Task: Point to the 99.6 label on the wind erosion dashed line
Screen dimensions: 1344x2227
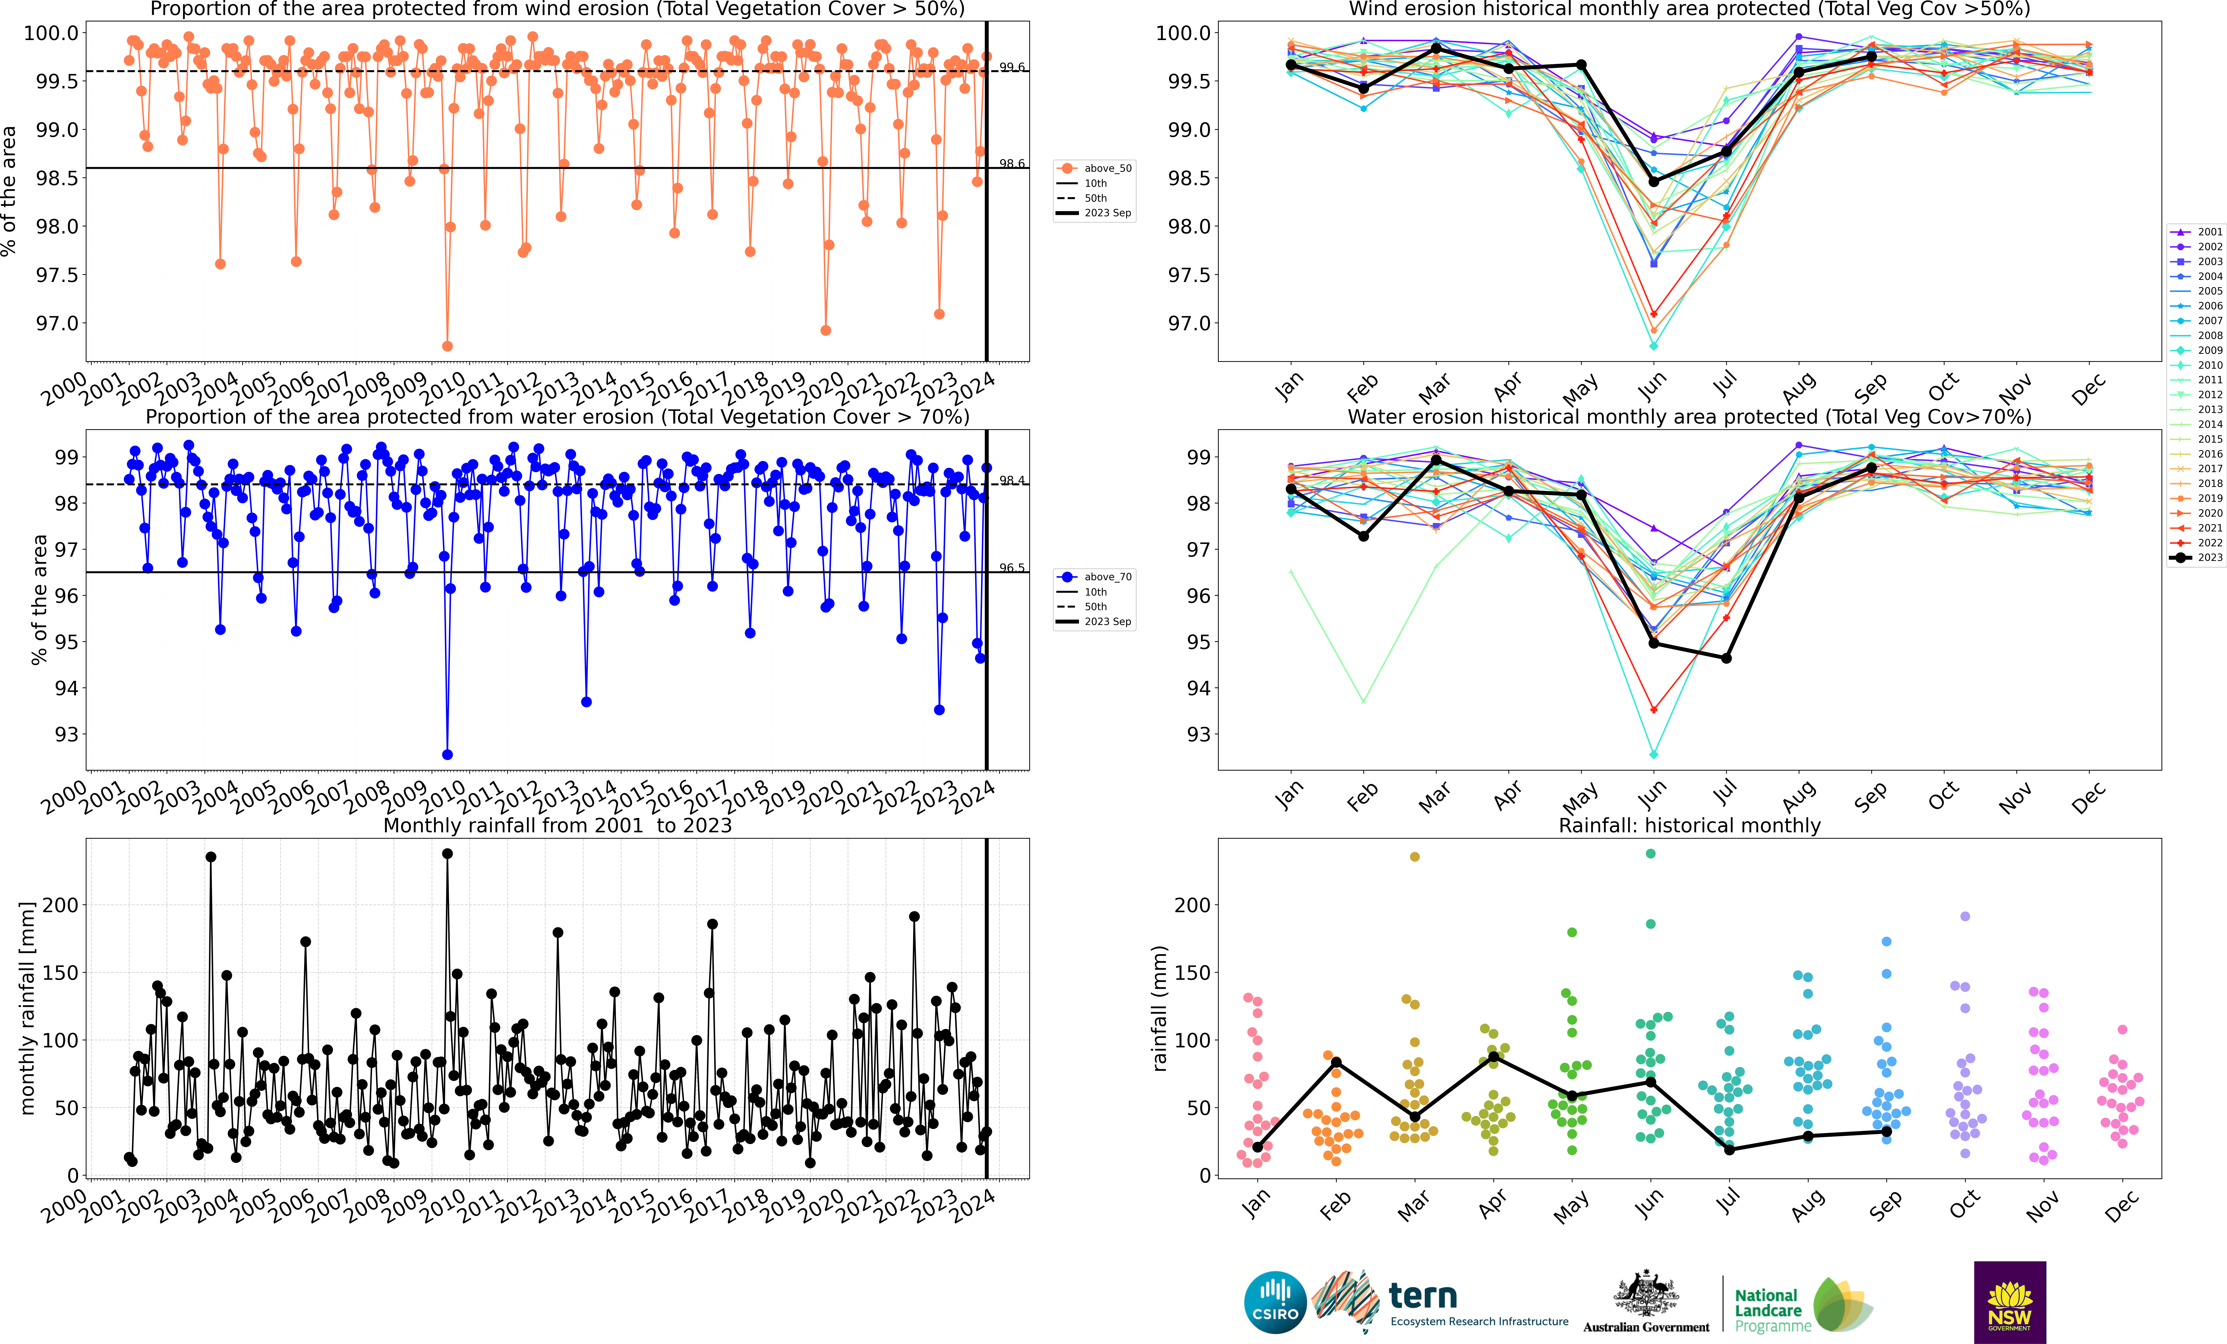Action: (1011, 67)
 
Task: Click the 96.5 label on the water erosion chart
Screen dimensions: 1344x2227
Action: (1011, 568)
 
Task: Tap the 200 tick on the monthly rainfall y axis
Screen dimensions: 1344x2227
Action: (61, 905)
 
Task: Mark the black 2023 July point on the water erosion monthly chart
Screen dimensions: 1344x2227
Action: (1726, 658)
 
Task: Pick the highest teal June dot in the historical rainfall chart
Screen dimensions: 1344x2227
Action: (1650, 853)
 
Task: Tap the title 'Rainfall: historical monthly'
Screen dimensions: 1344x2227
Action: (1689, 825)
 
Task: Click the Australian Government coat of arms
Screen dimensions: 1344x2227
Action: (1646, 1293)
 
